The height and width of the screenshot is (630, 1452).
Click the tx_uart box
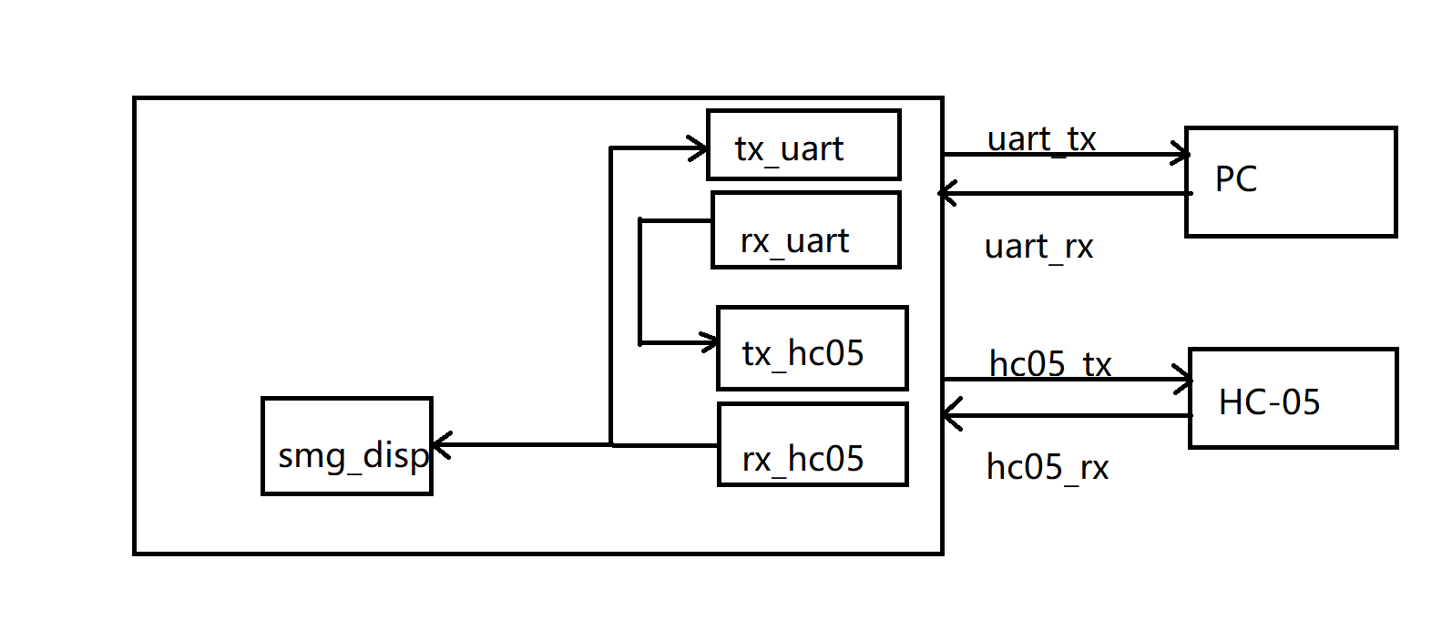tap(803, 145)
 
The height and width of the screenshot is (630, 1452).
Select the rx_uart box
tap(805, 229)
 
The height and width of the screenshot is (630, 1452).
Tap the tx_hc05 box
tap(812, 348)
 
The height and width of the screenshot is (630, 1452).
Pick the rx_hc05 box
tap(813, 444)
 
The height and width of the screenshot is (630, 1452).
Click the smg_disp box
tap(346, 446)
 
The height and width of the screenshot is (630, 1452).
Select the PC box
tap(1291, 182)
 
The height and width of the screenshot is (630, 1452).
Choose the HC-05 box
tap(1293, 398)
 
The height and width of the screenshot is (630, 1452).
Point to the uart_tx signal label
tap(1041, 139)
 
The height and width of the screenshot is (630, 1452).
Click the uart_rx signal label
tap(1038, 247)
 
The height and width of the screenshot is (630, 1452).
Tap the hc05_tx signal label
tap(1050, 364)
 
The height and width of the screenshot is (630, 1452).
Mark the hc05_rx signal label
tap(1048, 468)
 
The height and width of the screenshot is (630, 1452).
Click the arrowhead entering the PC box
tap(1181, 155)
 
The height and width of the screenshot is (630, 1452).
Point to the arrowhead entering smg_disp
tap(441, 445)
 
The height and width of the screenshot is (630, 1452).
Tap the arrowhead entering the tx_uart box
tap(700, 147)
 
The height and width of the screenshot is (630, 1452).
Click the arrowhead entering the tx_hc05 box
tap(710, 343)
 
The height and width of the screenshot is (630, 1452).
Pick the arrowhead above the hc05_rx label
tap(951, 415)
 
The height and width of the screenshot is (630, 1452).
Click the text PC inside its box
tap(1235, 179)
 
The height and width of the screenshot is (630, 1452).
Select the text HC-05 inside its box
tap(1269, 402)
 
